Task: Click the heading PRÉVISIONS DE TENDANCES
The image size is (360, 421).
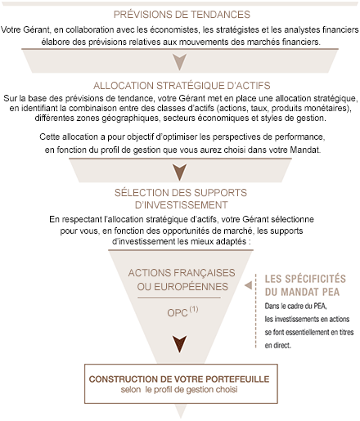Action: click(x=182, y=15)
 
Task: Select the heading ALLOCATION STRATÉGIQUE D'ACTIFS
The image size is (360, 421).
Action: click(x=182, y=86)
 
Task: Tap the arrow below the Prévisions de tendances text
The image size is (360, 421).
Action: click(x=180, y=62)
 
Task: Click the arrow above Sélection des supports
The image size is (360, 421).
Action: click(x=180, y=172)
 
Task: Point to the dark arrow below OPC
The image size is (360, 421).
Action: click(x=180, y=344)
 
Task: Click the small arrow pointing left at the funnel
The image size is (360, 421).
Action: click(x=248, y=285)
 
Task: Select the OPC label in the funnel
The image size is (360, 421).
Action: click(x=178, y=313)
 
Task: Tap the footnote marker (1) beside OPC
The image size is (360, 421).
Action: click(x=194, y=309)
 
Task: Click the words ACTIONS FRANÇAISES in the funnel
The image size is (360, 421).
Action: click(x=182, y=273)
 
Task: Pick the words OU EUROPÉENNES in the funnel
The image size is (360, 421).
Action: click(x=182, y=287)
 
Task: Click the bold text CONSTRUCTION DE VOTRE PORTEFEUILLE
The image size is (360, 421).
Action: click(x=179, y=379)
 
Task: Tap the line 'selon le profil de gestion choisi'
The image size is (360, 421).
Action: click(x=179, y=390)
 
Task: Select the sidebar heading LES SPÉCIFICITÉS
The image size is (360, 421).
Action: click(x=305, y=279)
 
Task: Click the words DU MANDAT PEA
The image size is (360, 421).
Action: click(x=302, y=292)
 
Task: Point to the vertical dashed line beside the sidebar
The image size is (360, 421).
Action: click(x=256, y=311)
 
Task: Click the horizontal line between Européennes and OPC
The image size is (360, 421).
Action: click(x=179, y=298)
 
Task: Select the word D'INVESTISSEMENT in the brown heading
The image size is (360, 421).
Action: click(x=182, y=205)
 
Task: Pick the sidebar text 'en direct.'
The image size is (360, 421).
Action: click(x=277, y=346)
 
